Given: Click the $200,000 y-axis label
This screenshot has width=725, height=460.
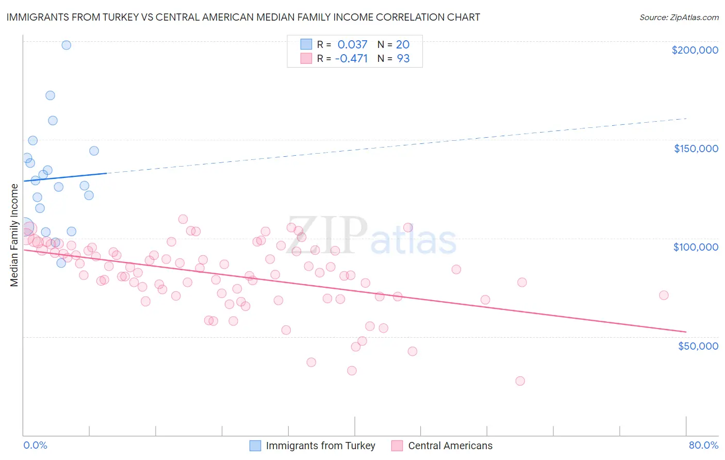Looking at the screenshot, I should coord(695,50).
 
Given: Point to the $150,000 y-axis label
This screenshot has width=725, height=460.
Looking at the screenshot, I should coord(696,149).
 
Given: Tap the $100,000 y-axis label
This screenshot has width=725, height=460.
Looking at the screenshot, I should coord(696,247).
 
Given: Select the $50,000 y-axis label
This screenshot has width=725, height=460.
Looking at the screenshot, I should coord(698,346).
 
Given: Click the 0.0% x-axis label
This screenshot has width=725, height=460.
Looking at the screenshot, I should coord(35,445).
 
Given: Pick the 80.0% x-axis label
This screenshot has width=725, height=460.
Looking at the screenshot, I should coord(703,445).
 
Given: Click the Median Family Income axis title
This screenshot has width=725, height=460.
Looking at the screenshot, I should coord(14,235).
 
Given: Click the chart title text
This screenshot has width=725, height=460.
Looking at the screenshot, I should coord(243,18).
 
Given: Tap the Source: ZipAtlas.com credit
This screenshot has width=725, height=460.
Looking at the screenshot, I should coord(679,18).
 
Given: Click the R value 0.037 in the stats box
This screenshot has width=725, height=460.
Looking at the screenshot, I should coord(352,44).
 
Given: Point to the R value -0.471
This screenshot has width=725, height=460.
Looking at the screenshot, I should coord(351,58).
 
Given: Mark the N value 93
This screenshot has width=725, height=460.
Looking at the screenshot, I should coord(403,58).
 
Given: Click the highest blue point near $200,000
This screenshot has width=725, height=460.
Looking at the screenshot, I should coord(66,45).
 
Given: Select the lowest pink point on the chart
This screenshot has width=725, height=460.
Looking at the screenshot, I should coord(520,381).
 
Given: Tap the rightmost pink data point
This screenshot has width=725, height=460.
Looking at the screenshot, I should coord(664,295).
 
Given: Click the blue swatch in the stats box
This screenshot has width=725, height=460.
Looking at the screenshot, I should coord(306,44).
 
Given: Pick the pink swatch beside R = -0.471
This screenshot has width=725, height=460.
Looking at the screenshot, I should coord(306,58).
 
